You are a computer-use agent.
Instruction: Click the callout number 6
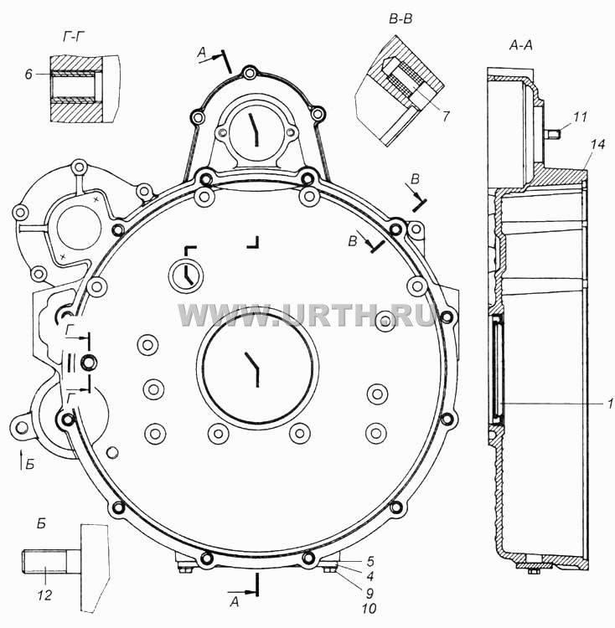(x=28, y=74)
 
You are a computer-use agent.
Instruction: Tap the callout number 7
(x=447, y=116)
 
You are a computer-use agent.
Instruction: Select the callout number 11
(x=580, y=117)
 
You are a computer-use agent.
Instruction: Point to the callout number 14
(x=597, y=144)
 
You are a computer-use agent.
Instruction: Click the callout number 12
(x=45, y=595)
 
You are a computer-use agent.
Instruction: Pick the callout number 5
(x=370, y=561)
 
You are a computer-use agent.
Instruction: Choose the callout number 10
(x=369, y=609)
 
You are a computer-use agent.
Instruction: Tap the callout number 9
(x=370, y=593)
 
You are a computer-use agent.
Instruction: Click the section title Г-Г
(x=74, y=37)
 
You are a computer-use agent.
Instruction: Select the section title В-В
(x=401, y=18)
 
